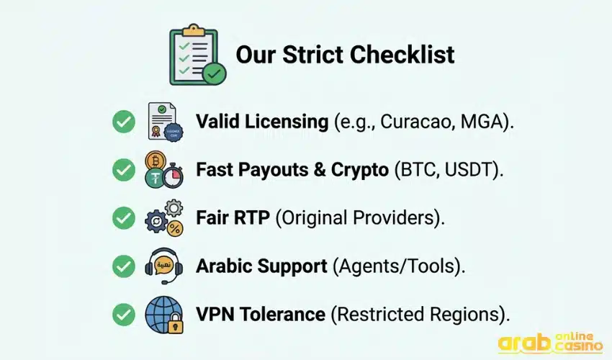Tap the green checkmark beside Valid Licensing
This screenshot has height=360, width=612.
click(124, 122)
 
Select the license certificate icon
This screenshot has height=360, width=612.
click(163, 121)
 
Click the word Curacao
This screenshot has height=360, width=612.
click(413, 122)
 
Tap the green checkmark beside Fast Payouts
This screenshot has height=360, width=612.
click(124, 170)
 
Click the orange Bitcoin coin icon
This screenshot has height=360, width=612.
click(155, 160)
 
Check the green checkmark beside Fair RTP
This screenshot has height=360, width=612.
click(124, 218)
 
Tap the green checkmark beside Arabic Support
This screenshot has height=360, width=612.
click(124, 266)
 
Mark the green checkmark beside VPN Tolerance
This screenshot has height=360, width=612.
click(124, 315)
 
